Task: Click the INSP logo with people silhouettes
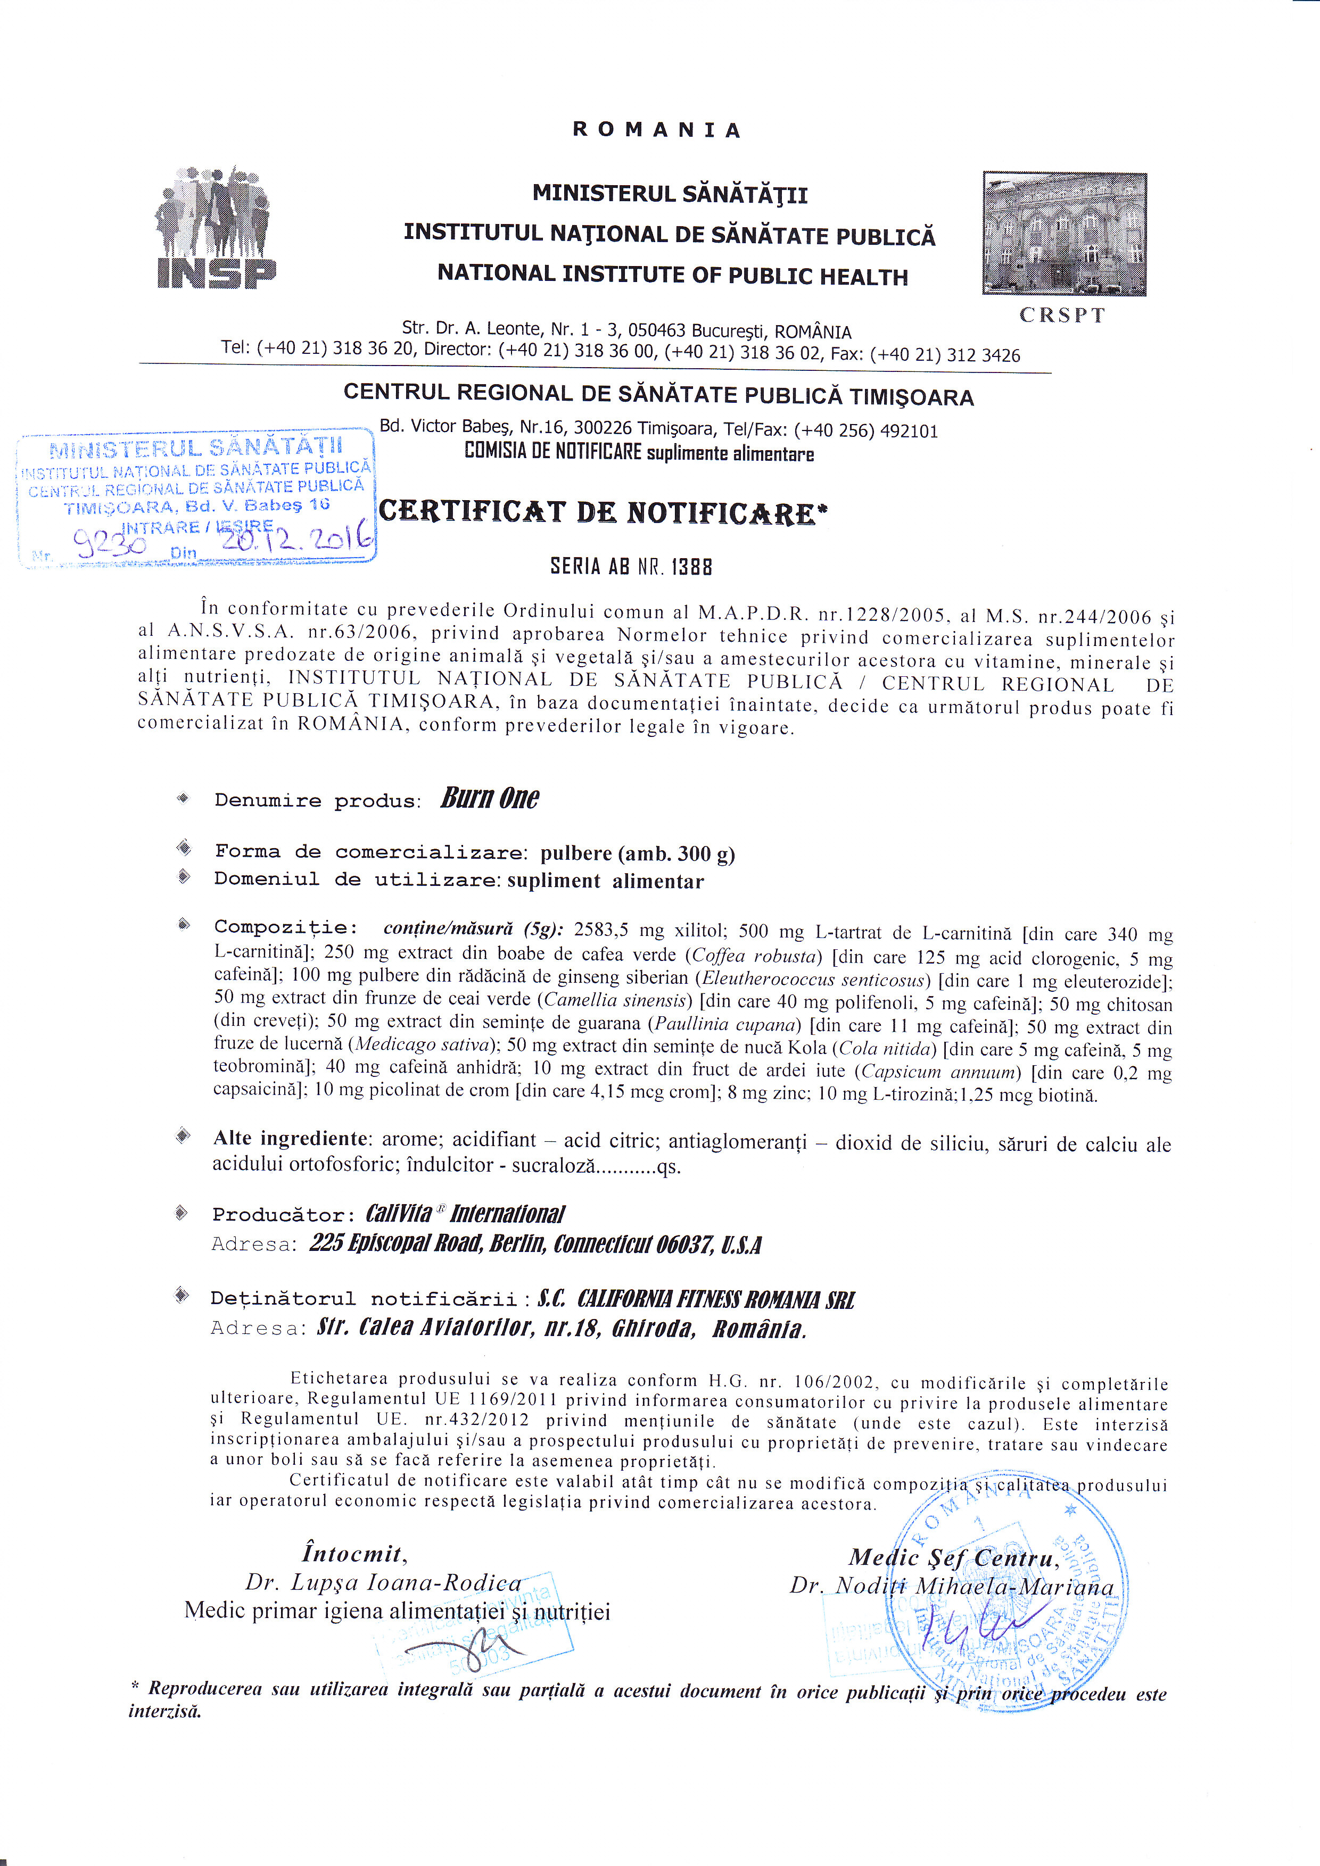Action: [216, 228]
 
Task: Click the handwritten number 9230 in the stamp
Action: [110, 543]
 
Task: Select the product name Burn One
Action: [489, 798]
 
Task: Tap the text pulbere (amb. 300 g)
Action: [637, 853]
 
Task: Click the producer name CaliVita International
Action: [465, 1214]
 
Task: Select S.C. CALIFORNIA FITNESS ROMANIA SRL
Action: [696, 1299]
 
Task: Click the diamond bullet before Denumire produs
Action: [183, 798]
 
